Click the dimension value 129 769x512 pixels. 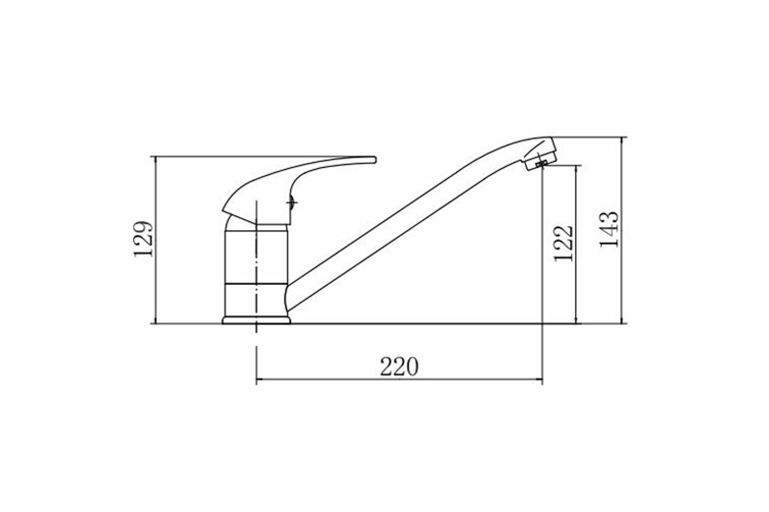tap(143, 239)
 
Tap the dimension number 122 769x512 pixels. tap(563, 243)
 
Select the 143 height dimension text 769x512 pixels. tap(609, 229)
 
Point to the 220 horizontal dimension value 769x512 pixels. tap(399, 367)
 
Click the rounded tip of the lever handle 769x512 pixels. tap(375, 160)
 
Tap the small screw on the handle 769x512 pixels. tap(292, 203)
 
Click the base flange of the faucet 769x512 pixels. tap(256, 320)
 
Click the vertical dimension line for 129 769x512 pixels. tap(156, 240)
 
